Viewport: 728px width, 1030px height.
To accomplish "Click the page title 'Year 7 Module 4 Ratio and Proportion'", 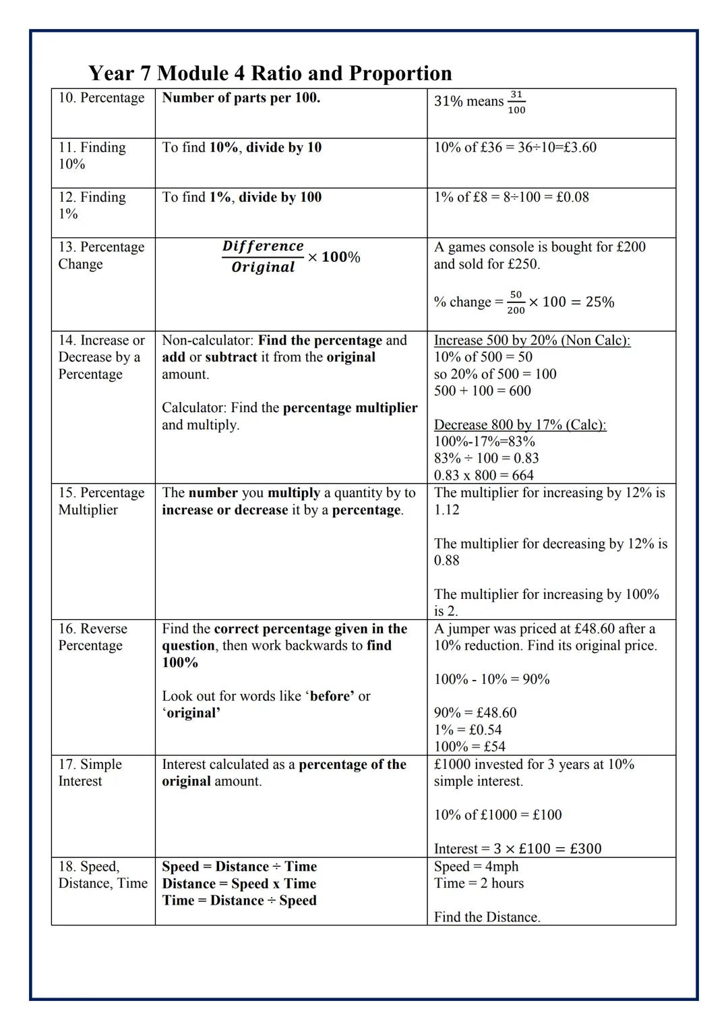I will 270,73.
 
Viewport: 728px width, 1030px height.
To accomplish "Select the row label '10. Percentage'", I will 101,98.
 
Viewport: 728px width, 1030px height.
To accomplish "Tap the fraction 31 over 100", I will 516,102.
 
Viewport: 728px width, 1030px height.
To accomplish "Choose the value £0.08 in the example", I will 572,197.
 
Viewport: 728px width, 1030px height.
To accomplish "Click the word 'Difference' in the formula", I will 263,246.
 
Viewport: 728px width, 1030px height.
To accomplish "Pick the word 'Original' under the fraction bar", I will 263,267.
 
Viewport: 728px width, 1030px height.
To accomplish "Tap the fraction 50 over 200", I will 516,302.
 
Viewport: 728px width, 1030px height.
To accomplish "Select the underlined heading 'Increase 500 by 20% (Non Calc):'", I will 532,340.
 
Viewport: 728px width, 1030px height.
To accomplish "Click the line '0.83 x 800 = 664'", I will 483,475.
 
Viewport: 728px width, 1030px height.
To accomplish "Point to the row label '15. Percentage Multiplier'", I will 101,501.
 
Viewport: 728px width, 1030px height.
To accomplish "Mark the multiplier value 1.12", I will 446,510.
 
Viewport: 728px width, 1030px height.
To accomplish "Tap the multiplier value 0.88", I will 446,561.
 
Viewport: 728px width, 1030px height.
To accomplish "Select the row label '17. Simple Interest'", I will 90,772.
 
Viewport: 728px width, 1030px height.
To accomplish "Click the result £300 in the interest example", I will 585,849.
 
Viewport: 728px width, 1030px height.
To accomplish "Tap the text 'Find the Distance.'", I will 487,917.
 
